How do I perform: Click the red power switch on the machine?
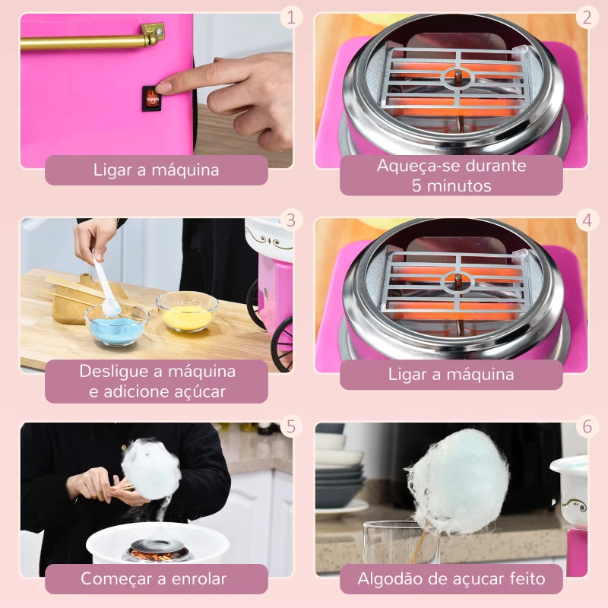tap(151, 98)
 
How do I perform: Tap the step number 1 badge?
tap(290, 17)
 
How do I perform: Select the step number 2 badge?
tap(587, 17)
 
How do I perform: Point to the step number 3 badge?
tap(290, 220)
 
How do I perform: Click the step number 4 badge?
tap(587, 220)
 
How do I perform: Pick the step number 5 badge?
tap(290, 426)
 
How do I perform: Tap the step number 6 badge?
tap(587, 426)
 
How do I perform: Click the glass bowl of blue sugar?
tap(117, 325)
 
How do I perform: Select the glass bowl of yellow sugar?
tap(187, 312)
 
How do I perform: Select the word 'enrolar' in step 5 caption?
tap(199, 579)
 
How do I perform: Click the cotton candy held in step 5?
tap(150, 468)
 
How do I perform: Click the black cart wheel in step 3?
tap(282, 344)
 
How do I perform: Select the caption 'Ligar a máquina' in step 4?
tap(451, 375)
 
